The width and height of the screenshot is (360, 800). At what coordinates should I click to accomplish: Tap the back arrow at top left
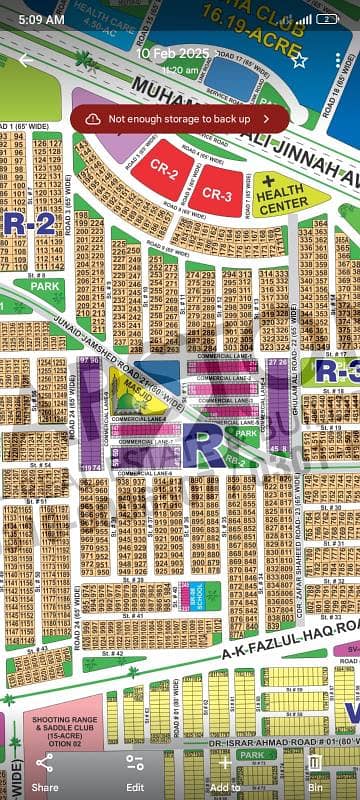coord(25,60)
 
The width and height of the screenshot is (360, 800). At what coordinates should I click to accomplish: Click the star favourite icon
coord(299,60)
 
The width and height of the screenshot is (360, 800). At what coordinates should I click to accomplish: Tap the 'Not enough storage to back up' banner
coord(180,118)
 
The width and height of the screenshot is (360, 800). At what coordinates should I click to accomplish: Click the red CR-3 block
coord(216,194)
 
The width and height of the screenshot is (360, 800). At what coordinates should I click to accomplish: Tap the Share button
coord(45,771)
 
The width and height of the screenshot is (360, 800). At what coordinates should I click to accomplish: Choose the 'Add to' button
coord(225,771)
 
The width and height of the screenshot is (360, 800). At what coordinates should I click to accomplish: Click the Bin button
coord(315,771)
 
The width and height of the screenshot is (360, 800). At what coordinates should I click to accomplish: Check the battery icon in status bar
coord(326,19)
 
